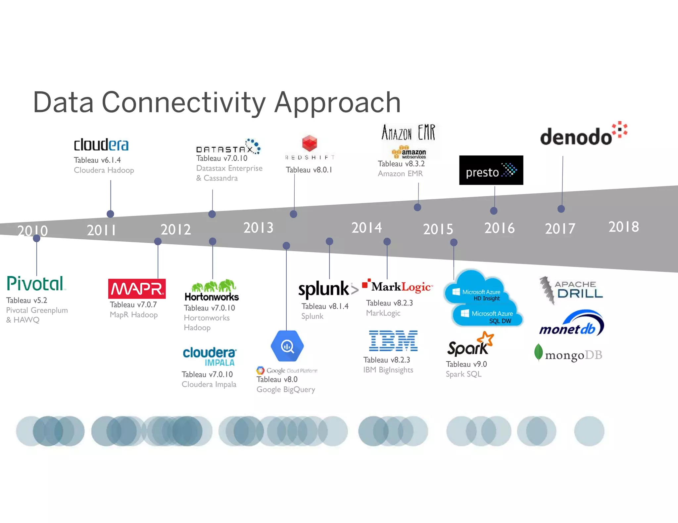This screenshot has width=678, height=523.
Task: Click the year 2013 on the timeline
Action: coord(259,228)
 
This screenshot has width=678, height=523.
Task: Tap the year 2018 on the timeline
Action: coord(624,227)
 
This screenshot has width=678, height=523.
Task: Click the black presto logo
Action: coord(491,170)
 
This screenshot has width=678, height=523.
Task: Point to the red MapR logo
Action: coord(137,289)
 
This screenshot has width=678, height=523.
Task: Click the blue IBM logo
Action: coord(393,341)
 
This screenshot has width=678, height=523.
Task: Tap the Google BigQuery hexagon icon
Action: coord(287,346)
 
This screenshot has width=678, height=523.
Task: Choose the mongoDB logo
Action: coord(568,354)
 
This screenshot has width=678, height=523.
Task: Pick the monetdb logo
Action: coord(571,324)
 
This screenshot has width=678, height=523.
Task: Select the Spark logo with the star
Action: coord(470,345)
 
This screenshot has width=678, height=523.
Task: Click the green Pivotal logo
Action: coord(35,284)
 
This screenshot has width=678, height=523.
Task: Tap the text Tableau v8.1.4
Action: coord(325,306)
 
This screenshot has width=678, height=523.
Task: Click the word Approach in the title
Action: coord(337,102)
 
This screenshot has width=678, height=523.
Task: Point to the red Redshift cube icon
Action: coord(310,143)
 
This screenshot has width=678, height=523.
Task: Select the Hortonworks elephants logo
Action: coord(212,290)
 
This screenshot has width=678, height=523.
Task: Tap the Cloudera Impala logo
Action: coord(210,356)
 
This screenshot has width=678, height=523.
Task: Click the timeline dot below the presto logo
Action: coord(494,211)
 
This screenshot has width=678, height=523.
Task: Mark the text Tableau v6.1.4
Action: coord(97,160)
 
